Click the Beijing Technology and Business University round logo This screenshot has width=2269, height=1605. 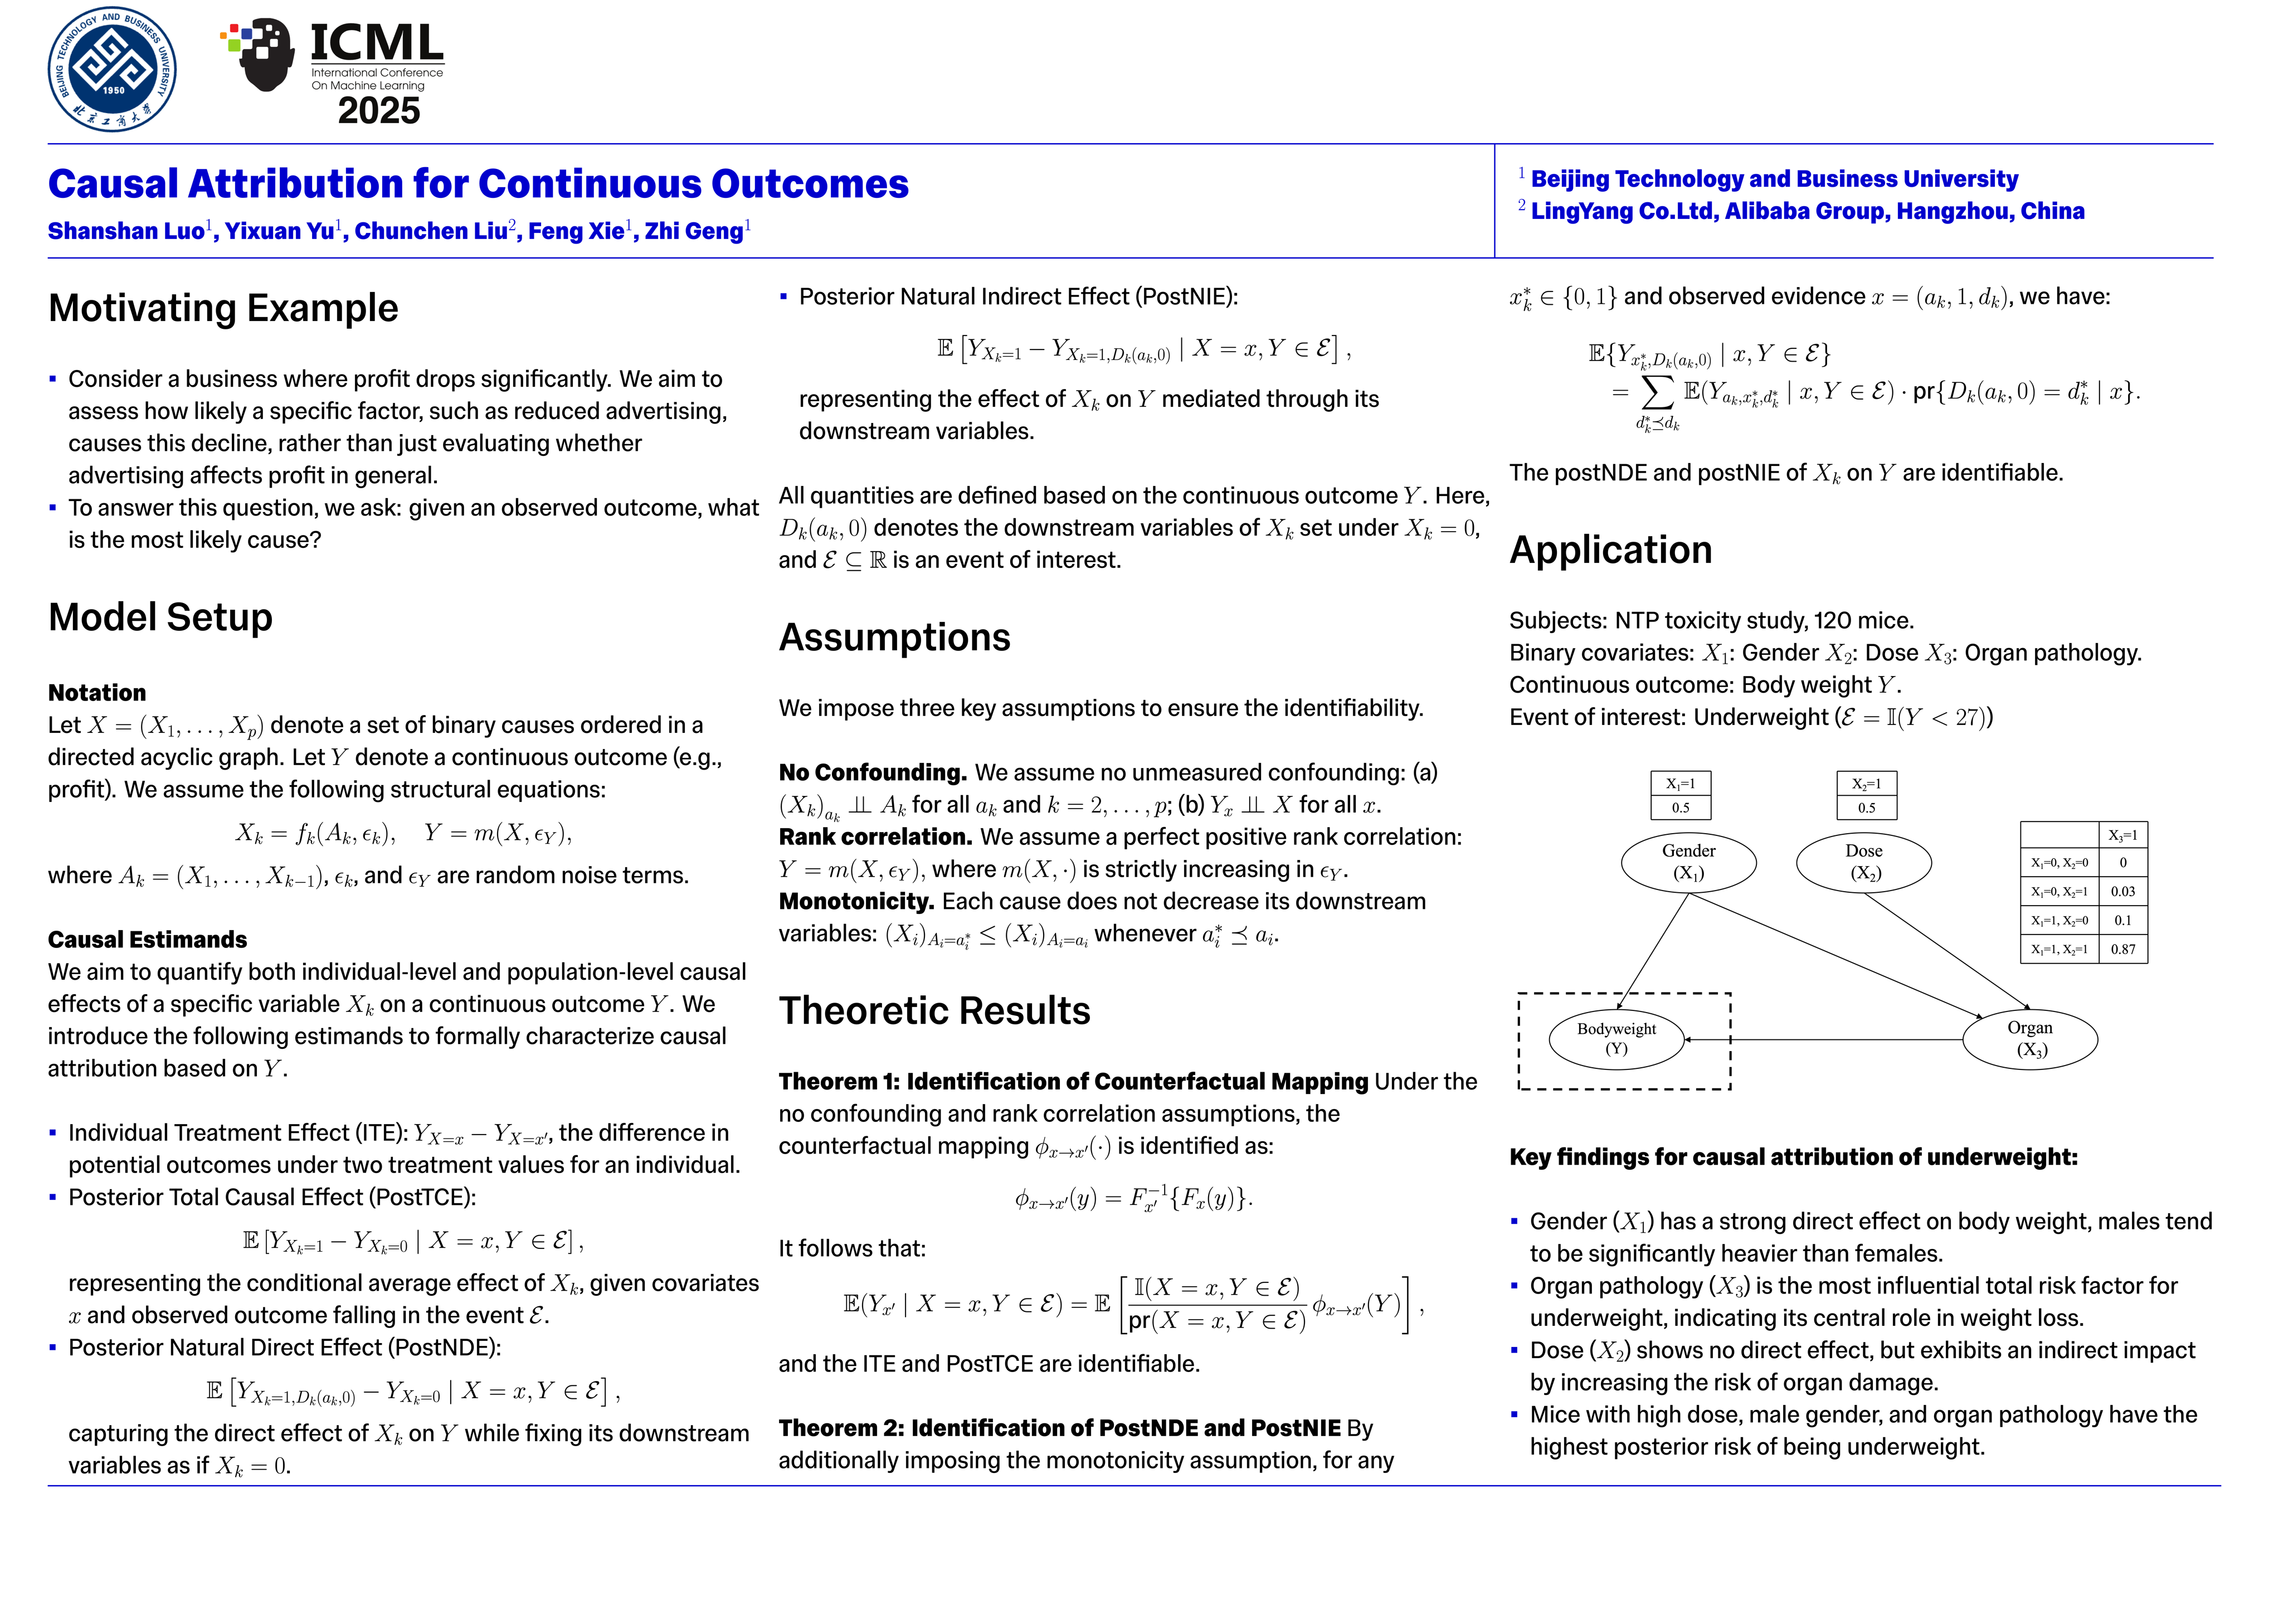tap(113, 69)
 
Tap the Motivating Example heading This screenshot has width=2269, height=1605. tap(223, 308)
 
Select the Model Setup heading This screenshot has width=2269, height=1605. tap(160, 617)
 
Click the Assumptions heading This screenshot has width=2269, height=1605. tap(894, 638)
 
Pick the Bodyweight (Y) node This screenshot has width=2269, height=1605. tap(1616, 1039)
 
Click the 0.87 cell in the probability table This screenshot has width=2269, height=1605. tap(2123, 949)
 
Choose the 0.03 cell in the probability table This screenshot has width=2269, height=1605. tap(2123, 892)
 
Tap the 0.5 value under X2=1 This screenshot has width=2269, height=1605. tap(1866, 808)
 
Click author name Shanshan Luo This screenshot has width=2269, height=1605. tap(126, 231)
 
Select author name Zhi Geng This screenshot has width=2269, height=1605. tap(694, 231)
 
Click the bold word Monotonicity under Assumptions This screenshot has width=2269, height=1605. tap(856, 901)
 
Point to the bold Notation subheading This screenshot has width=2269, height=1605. tap(97, 693)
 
